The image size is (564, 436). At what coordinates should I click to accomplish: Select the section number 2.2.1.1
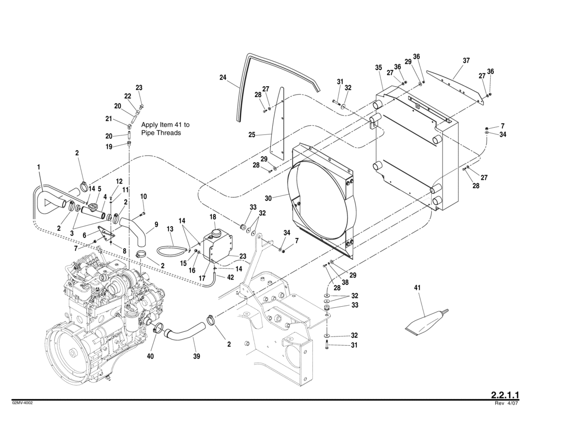505,394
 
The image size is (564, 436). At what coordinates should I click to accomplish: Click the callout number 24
223,77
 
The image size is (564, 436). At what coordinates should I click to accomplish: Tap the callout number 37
466,61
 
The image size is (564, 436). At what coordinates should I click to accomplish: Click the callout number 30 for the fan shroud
268,198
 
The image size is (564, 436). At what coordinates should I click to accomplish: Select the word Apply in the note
150,125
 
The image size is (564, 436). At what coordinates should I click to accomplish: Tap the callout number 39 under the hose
196,356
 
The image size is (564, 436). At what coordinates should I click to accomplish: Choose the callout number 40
150,356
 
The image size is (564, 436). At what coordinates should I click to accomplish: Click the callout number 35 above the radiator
378,68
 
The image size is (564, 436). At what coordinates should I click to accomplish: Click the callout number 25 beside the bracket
252,135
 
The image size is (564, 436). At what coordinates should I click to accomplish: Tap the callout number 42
230,277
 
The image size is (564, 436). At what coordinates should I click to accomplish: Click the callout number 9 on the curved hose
156,224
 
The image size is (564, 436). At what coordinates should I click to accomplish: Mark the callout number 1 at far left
38,167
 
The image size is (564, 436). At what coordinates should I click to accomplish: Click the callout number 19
109,146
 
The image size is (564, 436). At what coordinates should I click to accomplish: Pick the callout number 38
346,282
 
